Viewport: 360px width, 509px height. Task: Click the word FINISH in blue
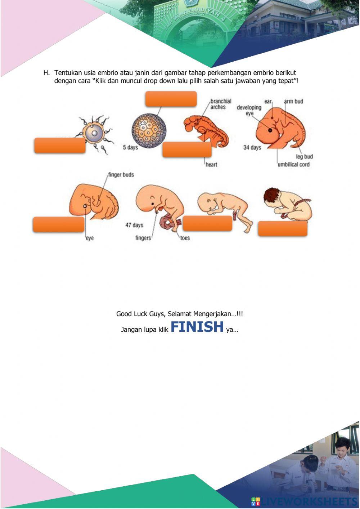tap(197, 327)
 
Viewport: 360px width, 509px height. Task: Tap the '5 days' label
tap(130, 147)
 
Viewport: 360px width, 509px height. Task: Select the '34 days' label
tap(252, 147)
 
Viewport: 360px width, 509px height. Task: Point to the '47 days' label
tap(134, 225)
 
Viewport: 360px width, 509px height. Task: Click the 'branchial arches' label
tap(220, 104)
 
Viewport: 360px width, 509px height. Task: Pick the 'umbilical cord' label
tap(293, 165)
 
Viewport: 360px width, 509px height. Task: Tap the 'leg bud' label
tap(304, 157)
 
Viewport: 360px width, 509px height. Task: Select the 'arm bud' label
tap(293, 102)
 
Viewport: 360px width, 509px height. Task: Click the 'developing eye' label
tap(249, 110)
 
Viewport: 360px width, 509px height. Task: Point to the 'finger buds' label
tap(121, 175)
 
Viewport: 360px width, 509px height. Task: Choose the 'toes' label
tap(185, 238)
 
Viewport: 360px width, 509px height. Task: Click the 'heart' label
tap(211, 165)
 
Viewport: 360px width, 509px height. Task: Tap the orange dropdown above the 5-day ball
tap(171, 99)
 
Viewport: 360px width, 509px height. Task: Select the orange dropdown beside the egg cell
tap(60, 146)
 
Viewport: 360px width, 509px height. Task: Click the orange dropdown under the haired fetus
tap(282, 229)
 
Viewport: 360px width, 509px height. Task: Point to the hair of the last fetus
tap(272, 196)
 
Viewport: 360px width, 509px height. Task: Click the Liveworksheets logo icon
tap(256, 501)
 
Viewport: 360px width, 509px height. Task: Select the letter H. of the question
tap(46, 73)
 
